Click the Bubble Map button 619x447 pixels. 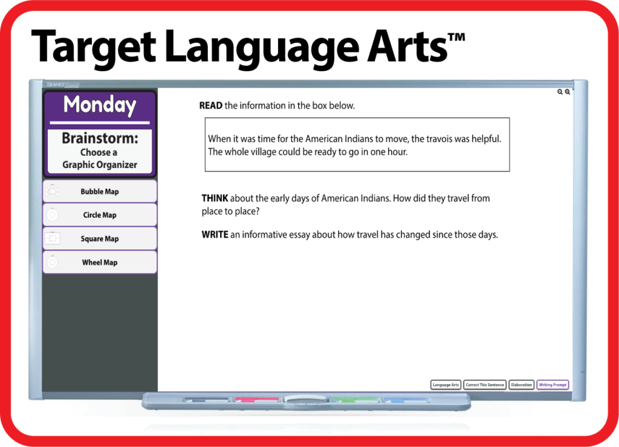[x=100, y=191]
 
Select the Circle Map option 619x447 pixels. [x=100, y=215]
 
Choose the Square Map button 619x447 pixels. [x=100, y=239]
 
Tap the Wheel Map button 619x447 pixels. [x=100, y=262]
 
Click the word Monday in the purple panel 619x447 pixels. [x=100, y=105]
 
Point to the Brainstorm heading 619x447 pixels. [x=100, y=138]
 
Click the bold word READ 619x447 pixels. [x=211, y=106]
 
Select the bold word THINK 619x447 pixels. [x=215, y=198]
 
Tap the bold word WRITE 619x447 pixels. [x=215, y=235]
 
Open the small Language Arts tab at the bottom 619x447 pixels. [x=446, y=385]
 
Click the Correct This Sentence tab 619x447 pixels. [x=485, y=385]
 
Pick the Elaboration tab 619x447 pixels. [x=521, y=385]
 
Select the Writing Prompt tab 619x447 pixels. [x=553, y=385]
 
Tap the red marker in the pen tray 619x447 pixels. [x=257, y=400]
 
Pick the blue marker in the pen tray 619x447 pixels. [x=405, y=400]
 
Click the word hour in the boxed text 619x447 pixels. [x=397, y=152]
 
